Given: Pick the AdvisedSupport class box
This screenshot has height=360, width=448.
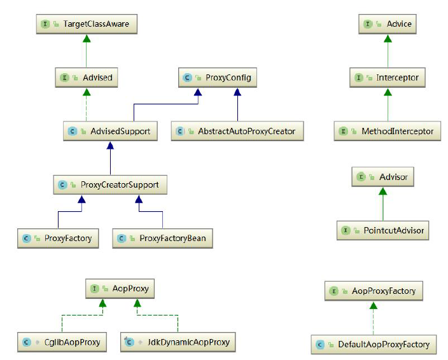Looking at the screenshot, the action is (111, 132).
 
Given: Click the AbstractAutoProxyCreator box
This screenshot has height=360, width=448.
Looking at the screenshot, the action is (237, 132).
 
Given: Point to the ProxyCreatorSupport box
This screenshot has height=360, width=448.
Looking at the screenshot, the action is (111, 185).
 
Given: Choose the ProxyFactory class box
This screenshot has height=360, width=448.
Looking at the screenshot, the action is (58, 239).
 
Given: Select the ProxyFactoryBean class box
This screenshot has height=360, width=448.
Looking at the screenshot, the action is (163, 239).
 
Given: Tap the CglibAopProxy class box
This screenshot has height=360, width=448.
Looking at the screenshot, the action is (62, 342).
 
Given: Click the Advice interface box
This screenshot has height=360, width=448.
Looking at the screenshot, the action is (388, 24).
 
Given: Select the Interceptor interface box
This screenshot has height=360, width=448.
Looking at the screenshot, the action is (388, 78).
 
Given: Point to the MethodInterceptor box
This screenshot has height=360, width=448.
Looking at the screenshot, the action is (388, 132).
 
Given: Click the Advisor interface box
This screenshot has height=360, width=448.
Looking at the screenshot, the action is (383, 177).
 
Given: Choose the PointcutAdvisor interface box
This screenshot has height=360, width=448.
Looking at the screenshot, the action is (383, 230).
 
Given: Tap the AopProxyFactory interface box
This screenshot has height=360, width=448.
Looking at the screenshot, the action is (374, 291).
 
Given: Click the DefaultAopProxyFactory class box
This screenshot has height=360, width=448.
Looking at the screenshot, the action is (374, 345).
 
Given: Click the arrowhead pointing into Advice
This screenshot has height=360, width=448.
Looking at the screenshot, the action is (388, 38).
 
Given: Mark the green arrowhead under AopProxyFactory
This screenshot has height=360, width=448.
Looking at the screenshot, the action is (374, 305).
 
